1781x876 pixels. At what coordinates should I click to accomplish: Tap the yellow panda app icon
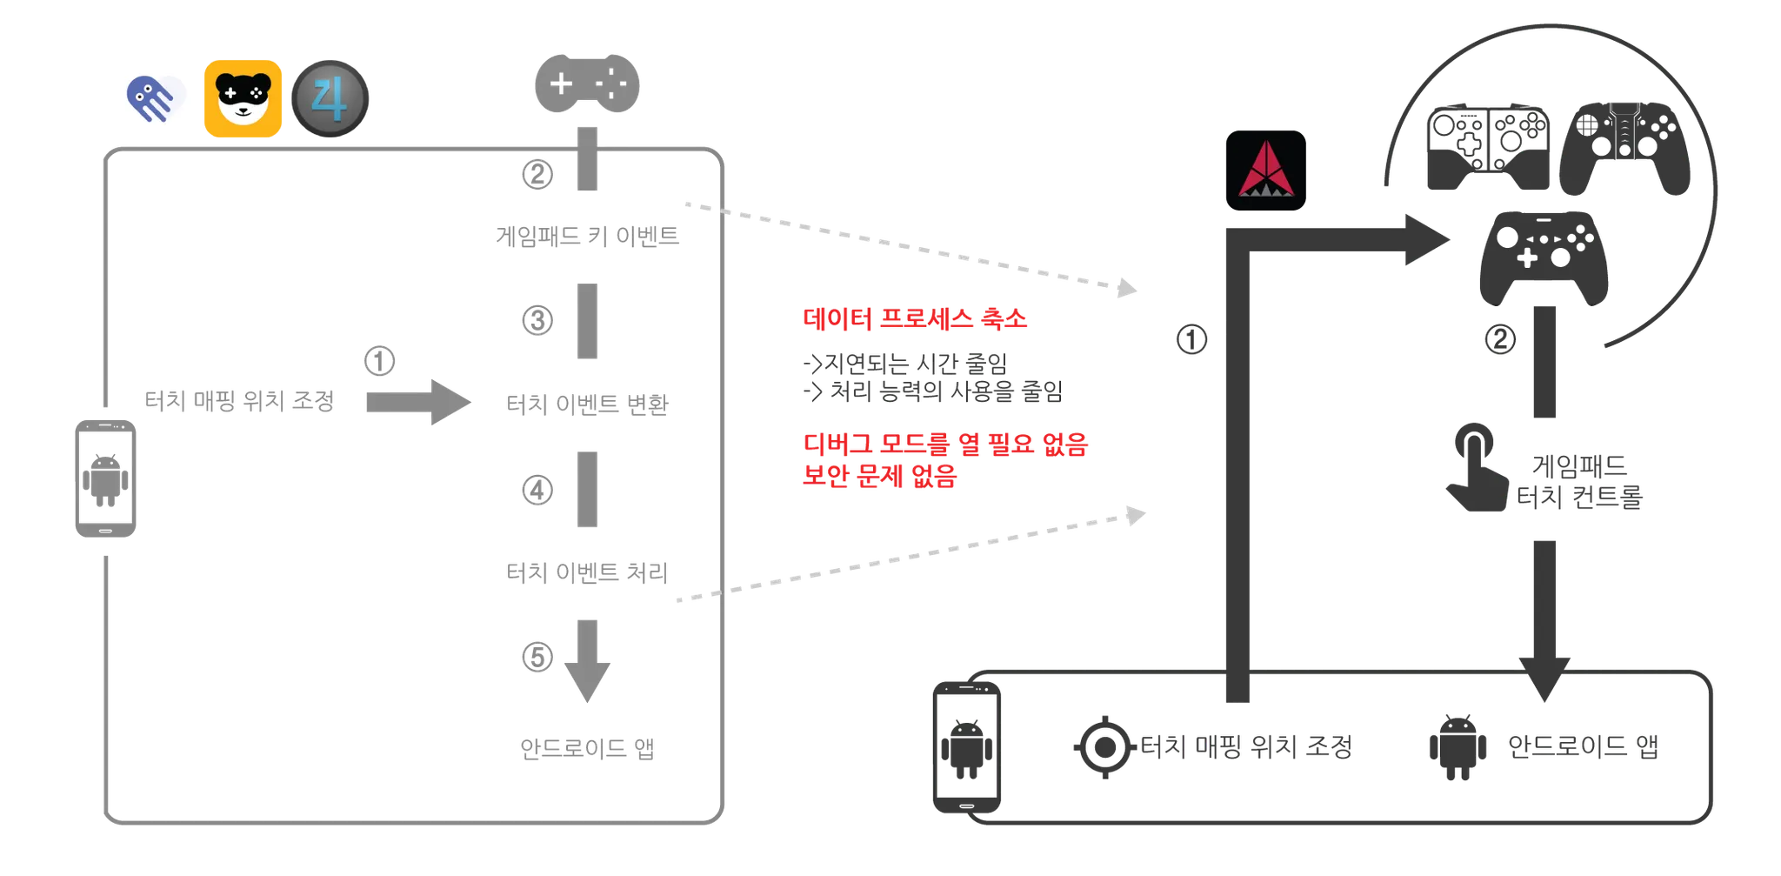(243, 98)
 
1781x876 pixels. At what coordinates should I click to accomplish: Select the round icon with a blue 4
(330, 98)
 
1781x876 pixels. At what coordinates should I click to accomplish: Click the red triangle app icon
(1265, 171)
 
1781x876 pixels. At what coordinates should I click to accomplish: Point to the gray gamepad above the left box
(588, 84)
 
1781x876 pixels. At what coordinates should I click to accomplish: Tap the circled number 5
(535, 655)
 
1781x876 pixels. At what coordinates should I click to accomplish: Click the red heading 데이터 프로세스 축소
(914, 319)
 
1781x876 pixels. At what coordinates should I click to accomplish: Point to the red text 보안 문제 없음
(878, 476)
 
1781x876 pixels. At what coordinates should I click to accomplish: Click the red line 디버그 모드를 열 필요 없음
(944, 445)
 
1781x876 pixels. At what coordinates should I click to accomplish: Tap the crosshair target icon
(1104, 746)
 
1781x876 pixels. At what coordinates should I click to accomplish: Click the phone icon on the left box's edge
(104, 479)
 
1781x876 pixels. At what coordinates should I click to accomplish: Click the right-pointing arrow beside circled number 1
(417, 403)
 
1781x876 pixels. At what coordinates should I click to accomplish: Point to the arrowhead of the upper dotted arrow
(1128, 288)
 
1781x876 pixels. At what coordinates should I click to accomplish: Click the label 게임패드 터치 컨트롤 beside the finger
(1579, 481)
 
